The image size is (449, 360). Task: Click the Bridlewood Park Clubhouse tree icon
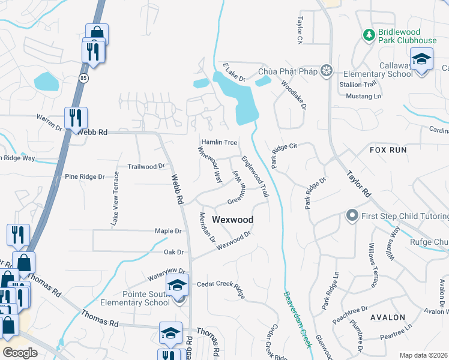[369, 35]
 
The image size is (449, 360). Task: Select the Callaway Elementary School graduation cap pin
[421, 60]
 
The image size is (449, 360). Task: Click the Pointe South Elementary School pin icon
[178, 286]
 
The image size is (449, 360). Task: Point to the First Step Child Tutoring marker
[352, 215]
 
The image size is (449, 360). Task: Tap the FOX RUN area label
[388, 150]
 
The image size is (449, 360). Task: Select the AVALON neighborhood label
[387, 317]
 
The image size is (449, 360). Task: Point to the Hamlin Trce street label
[219, 142]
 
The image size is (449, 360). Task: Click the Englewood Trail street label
[254, 177]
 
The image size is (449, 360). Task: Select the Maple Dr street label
[168, 230]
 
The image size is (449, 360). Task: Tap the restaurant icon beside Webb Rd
[76, 118]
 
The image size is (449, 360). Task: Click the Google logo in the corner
[20, 352]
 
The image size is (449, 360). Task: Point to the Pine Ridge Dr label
[85, 177]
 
